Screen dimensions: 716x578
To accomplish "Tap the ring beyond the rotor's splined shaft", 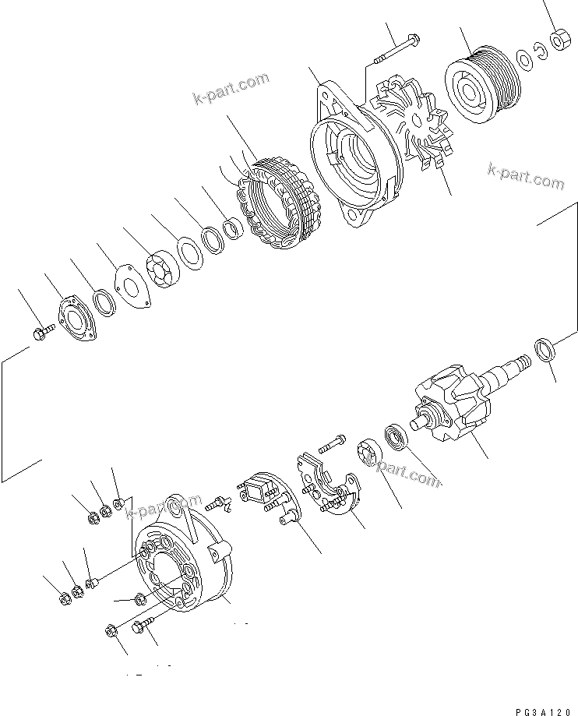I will (x=545, y=350).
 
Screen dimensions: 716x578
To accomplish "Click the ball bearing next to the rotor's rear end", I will (x=398, y=437).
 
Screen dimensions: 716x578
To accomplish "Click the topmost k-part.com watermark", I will (x=231, y=87).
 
